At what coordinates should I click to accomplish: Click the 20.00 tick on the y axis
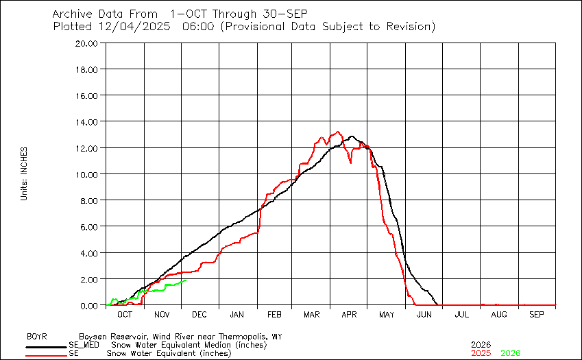click(x=89, y=43)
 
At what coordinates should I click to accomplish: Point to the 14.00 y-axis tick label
click(x=89, y=122)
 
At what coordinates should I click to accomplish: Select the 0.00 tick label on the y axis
click(x=91, y=306)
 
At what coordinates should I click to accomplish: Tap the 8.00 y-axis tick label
click(x=91, y=201)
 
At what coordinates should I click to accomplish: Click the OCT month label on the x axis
click(x=125, y=314)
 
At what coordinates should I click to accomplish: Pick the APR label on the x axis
click(x=349, y=314)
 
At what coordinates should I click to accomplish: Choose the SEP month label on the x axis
click(x=537, y=314)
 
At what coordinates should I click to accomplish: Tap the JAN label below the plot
click(x=237, y=314)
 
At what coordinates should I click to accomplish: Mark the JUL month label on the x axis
click(x=461, y=314)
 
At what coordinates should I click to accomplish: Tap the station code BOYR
click(x=37, y=337)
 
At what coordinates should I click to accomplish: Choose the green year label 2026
click(x=510, y=353)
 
